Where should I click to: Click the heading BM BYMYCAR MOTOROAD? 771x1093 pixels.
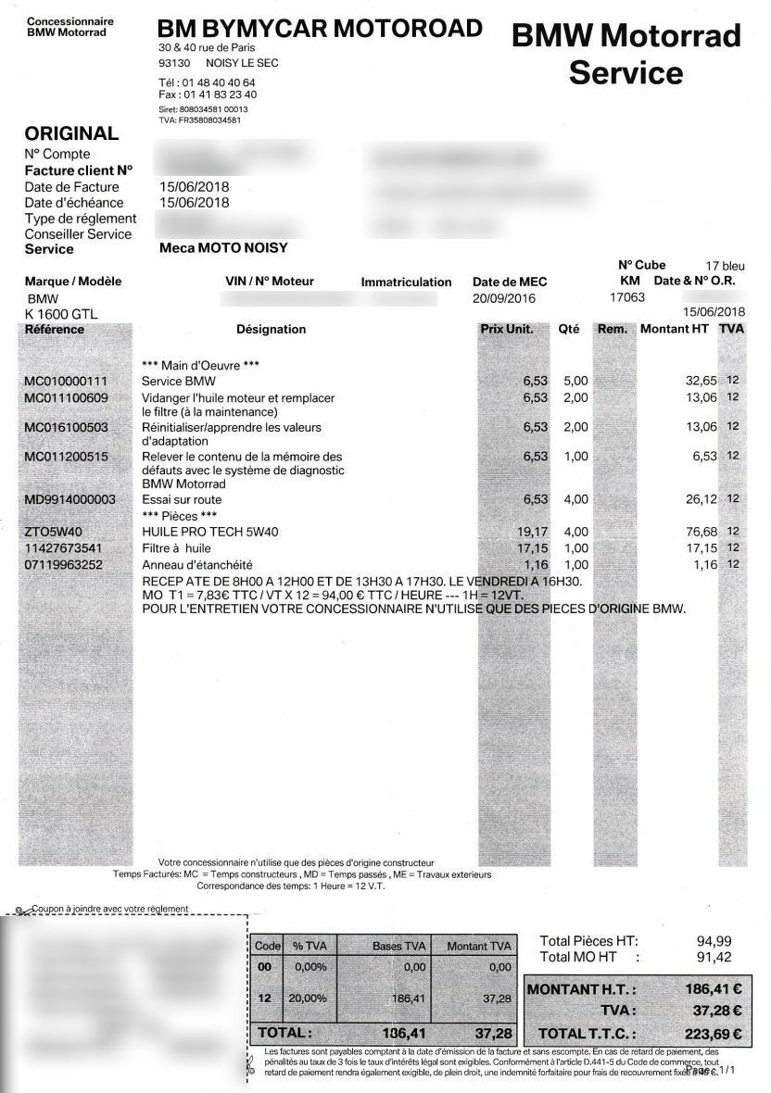pos(320,29)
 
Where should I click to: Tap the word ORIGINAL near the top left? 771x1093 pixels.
pos(71,133)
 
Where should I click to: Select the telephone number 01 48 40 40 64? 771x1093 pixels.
pos(220,82)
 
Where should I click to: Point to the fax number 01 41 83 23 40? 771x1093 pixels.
pos(221,94)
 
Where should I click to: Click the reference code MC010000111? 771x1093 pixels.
pos(66,381)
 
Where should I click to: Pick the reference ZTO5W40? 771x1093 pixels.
pos(53,532)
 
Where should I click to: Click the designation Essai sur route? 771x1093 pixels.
pos(182,499)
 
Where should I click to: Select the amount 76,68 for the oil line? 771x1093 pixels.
pos(699,532)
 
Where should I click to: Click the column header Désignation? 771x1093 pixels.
pos(272,329)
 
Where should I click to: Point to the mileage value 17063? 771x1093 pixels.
pos(626,298)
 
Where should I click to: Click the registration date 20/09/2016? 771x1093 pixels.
pos(504,298)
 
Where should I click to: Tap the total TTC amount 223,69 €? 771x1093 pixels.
pos(713,1033)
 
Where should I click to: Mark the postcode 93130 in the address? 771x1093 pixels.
pos(174,63)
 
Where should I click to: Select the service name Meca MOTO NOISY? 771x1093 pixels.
pos(223,248)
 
